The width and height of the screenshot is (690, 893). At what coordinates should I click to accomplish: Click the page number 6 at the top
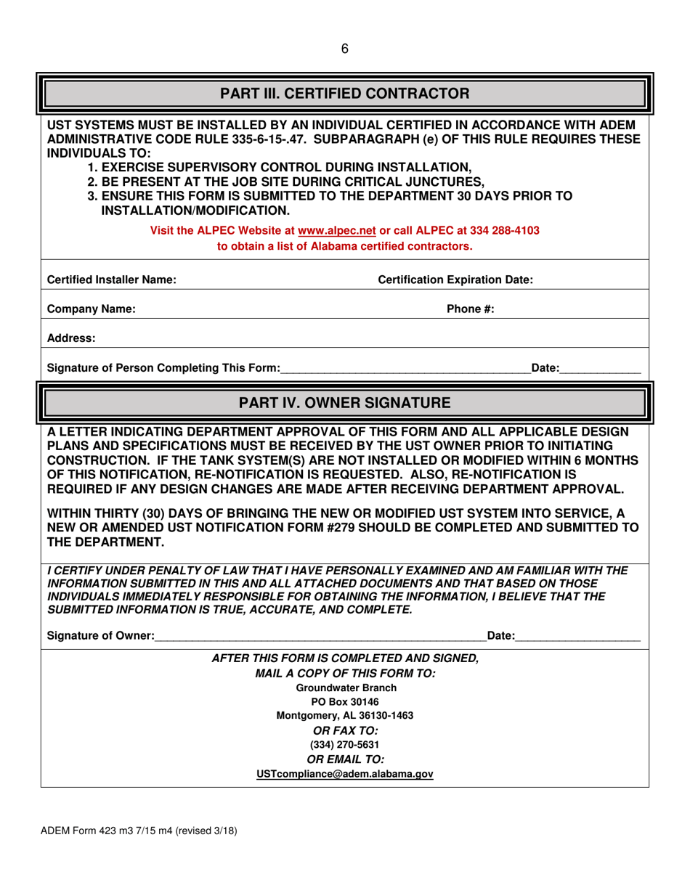coord(345,49)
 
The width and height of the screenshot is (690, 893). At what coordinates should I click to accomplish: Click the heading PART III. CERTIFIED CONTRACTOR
coord(345,94)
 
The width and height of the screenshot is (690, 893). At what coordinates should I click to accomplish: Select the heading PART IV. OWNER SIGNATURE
coord(345,402)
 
